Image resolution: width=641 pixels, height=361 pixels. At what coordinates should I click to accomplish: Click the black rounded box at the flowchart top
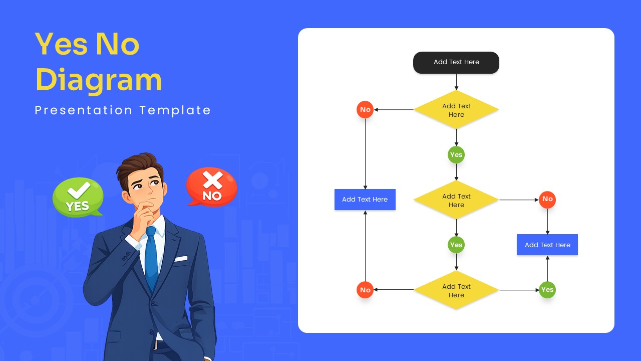[x=456, y=63]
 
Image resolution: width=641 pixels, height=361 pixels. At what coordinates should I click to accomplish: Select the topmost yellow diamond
[x=456, y=110]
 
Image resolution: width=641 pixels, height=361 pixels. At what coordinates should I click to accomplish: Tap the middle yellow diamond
[x=456, y=200]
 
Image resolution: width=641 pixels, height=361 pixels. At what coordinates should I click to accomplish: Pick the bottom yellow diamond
[x=456, y=290]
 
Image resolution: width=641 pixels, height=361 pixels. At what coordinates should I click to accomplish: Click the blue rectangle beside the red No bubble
[x=365, y=200]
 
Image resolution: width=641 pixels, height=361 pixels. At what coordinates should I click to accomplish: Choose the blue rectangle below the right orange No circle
[x=547, y=245]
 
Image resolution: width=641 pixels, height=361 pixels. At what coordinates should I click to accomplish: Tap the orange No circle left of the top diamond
[x=365, y=110]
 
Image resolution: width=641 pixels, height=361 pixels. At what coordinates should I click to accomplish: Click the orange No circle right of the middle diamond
[x=547, y=200]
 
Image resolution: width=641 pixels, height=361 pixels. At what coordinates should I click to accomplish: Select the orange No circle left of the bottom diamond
[x=365, y=290]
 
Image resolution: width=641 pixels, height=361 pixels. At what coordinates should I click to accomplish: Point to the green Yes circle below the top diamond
[x=456, y=155]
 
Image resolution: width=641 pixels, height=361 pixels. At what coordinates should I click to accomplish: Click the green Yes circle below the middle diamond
[x=456, y=245]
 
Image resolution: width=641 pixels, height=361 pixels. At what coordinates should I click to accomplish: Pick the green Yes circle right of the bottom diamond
[x=547, y=290]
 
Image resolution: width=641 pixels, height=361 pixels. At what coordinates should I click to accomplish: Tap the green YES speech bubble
[x=78, y=197]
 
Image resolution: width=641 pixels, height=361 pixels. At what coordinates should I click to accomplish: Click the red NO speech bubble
[x=212, y=187]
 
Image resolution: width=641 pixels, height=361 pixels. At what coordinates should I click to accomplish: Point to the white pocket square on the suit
[x=181, y=259]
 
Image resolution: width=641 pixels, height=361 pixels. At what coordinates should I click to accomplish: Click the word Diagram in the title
[x=99, y=80]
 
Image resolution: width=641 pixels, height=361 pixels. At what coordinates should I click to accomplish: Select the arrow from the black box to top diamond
[x=456, y=82]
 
